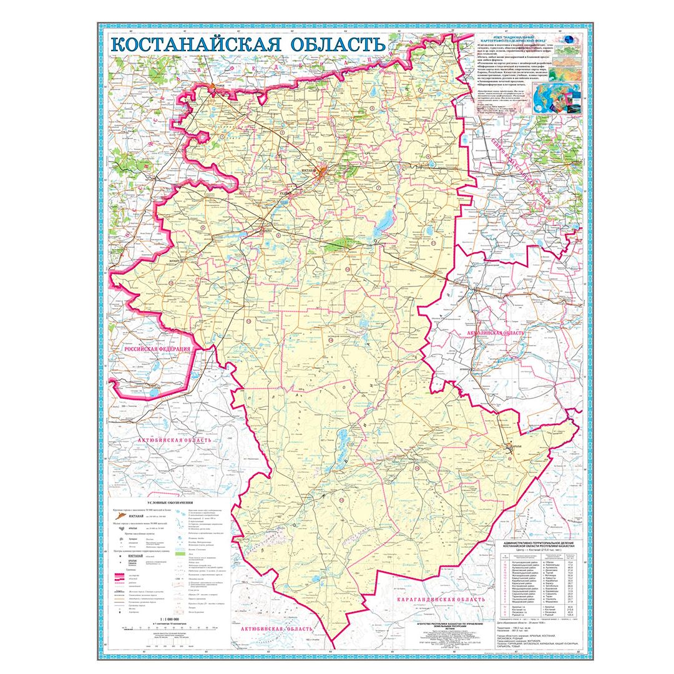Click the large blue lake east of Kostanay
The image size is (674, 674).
(385, 219)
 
